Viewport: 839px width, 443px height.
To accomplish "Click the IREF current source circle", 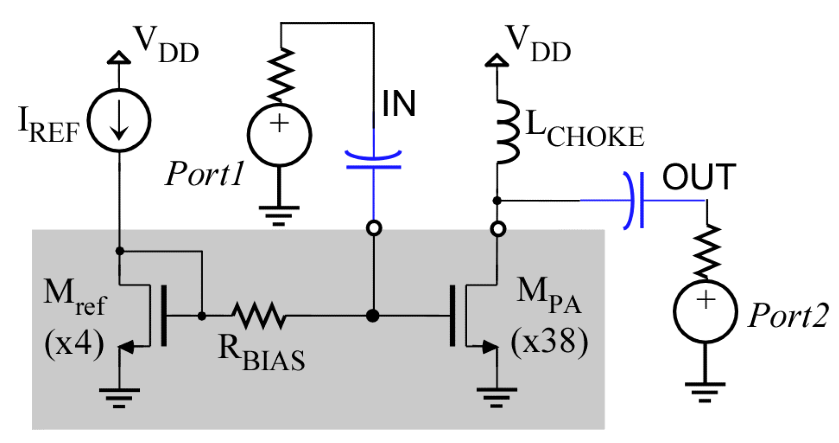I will click(x=119, y=121).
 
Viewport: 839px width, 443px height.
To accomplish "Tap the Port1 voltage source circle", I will click(x=279, y=135).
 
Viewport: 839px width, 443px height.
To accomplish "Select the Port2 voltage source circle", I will click(x=705, y=311).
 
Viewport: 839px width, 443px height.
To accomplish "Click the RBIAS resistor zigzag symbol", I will click(x=259, y=316).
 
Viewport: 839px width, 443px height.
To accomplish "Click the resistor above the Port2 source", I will click(x=707, y=252).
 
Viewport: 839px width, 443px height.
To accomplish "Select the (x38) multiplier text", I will click(x=549, y=342).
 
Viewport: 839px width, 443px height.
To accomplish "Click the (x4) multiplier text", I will click(x=74, y=344).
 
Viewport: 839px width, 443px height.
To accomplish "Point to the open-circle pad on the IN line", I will click(x=374, y=228).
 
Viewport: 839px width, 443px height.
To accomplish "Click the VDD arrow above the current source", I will click(x=119, y=57).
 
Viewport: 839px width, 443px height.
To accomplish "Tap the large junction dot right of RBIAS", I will click(x=372, y=316).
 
